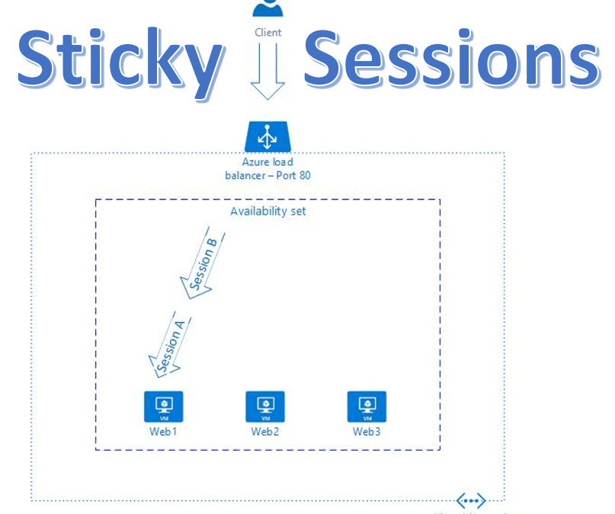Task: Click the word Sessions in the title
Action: [x=451, y=59]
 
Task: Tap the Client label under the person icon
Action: [x=267, y=33]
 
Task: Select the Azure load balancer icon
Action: [x=267, y=137]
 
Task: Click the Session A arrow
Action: [x=170, y=344]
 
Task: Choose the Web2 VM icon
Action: [x=265, y=407]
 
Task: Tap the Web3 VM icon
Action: [x=367, y=407]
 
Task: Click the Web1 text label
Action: [x=163, y=432]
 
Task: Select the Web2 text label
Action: [x=265, y=432]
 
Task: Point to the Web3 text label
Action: [x=367, y=432]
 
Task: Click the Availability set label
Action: [x=268, y=211]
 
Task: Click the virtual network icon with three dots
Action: [x=470, y=500]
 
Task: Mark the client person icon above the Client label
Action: [x=267, y=8]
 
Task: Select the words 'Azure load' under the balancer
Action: [x=267, y=161]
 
